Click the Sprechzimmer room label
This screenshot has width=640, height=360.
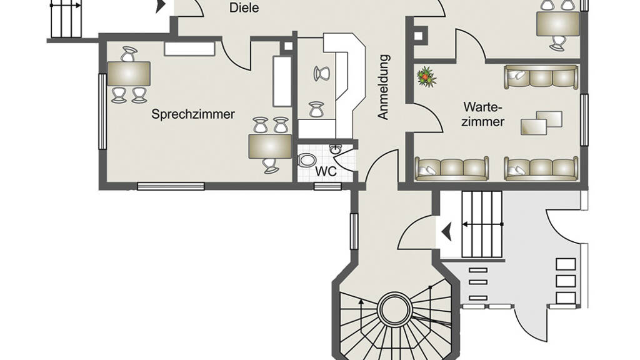pyautogui.click(x=193, y=114)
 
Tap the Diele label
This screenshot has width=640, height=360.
pyautogui.click(x=244, y=8)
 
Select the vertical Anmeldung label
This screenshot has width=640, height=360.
pyautogui.click(x=383, y=87)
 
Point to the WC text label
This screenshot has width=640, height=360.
pyautogui.click(x=326, y=171)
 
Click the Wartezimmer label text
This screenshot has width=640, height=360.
pyautogui.click(x=482, y=114)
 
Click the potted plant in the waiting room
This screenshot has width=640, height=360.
pyautogui.click(x=426, y=77)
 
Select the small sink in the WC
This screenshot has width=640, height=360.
pyautogui.click(x=336, y=149)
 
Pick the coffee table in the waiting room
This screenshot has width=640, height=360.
pyautogui.click(x=542, y=122)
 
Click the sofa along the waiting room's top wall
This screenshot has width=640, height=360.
pyautogui.click(x=541, y=77)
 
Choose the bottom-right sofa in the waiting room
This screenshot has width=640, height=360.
pyautogui.click(x=541, y=169)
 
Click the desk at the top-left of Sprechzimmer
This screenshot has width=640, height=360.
pyautogui.click(x=128, y=74)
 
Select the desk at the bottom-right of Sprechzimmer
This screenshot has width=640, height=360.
pyautogui.click(x=269, y=147)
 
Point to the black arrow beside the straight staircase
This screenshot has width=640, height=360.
pyautogui.click(x=446, y=232)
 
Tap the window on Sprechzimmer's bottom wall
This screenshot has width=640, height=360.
pyautogui.click(x=171, y=186)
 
